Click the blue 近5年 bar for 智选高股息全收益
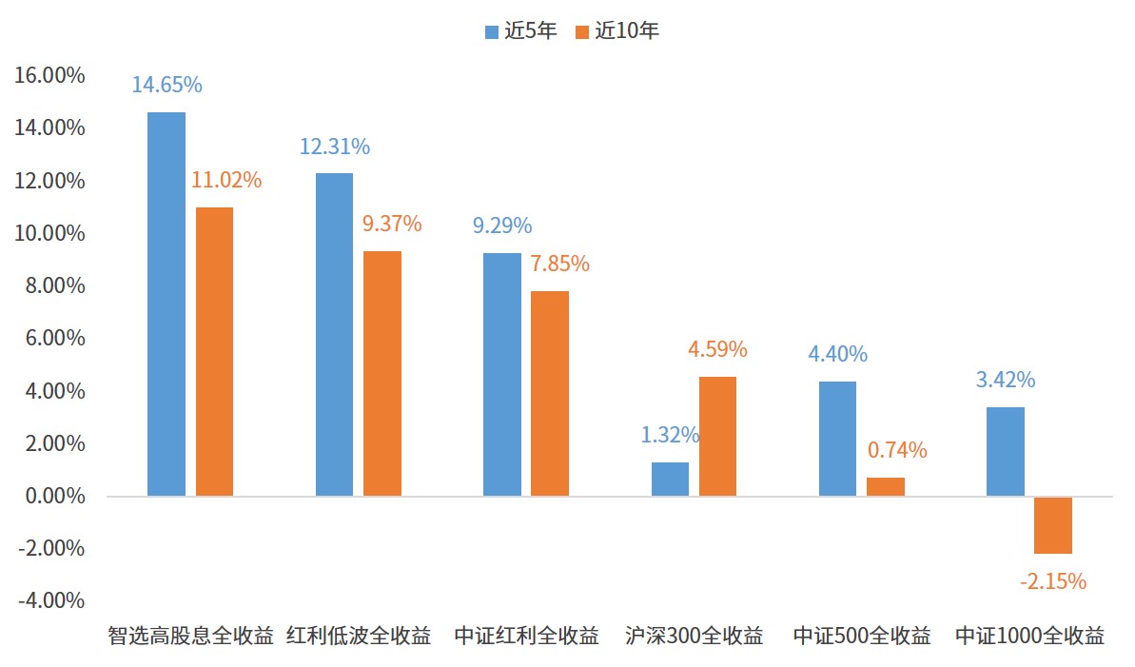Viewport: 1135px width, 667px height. coord(166,304)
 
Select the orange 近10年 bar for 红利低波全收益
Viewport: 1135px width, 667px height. coord(382,373)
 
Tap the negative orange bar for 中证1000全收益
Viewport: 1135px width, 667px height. coord(1053,525)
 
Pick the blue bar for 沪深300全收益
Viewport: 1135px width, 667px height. coord(670,479)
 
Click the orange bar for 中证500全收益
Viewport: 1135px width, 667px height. coord(885,486)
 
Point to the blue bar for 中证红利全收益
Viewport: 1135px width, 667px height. coord(502,374)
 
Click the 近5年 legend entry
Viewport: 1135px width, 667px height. coord(520,30)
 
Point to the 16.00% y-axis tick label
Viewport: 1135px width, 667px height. coord(49,75)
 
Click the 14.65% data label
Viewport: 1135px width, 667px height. coord(166,85)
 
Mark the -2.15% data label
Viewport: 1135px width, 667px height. coord(1052,581)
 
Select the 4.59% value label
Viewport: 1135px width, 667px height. coord(717,349)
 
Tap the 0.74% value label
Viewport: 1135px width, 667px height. coord(897,450)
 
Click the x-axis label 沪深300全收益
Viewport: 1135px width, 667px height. coord(695,636)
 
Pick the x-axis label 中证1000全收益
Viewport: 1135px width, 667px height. coord(1029,636)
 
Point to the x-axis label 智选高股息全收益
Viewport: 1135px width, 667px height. coord(190,636)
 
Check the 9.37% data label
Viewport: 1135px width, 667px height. coord(392,225)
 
